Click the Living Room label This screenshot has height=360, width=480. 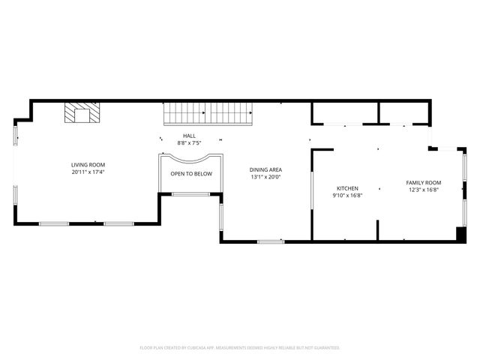(88, 165)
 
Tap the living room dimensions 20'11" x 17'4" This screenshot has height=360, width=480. (88, 172)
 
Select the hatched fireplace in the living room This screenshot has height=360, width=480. (79, 113)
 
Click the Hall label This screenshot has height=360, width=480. (189, 136)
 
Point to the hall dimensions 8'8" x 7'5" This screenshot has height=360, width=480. (189, 142)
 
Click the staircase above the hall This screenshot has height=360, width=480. (209, 114)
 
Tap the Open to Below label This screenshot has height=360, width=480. (191, 174)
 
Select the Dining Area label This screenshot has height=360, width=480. (265, 169)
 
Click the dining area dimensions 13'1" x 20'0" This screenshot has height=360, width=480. (265, 177)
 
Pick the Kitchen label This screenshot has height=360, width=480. (347, 188)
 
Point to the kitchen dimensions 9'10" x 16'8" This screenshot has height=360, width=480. (347, 195)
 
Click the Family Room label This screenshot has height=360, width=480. (424, 183)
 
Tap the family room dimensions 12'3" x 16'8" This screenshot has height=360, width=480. (424, 190)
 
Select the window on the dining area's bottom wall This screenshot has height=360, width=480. (270, 241)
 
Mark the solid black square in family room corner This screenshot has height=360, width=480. (460, 234)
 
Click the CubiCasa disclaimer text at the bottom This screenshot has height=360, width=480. (240, 348)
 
